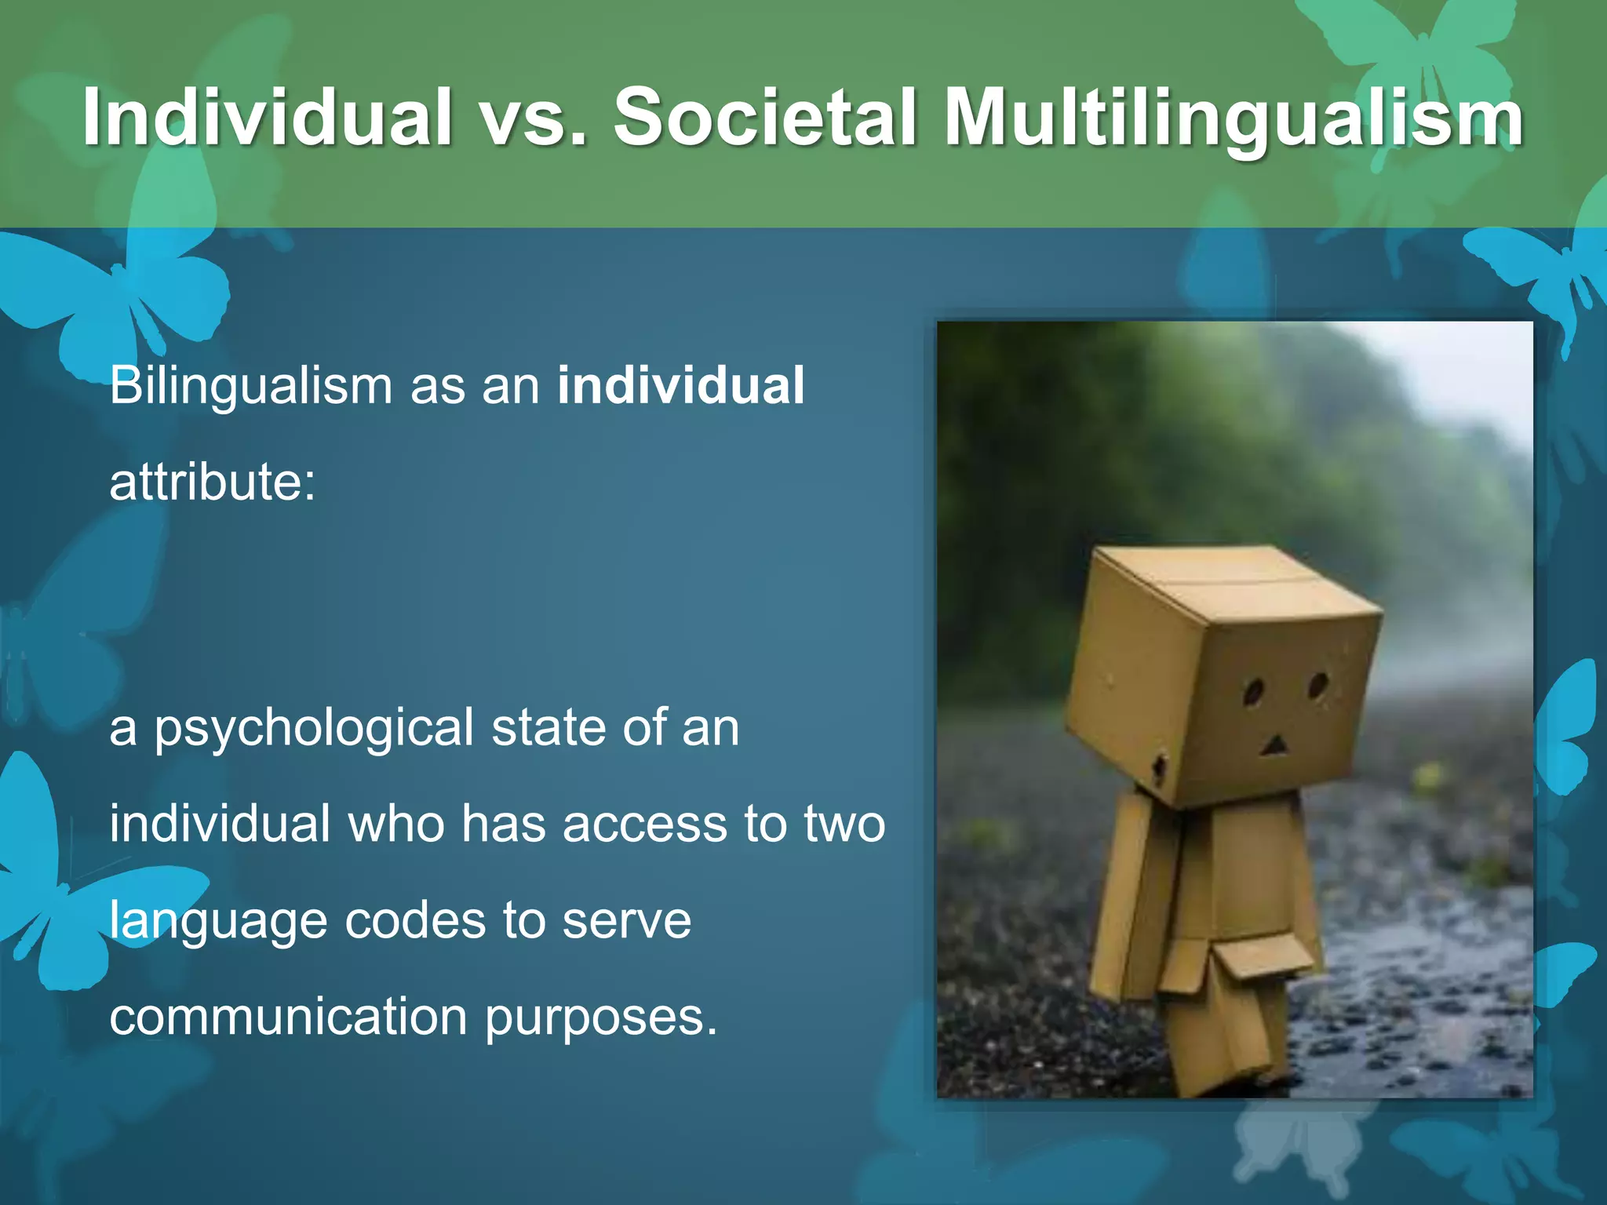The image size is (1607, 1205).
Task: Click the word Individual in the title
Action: pos(268,117)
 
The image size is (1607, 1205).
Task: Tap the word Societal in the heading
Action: pos(765,117)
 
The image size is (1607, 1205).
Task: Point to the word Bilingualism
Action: pos(250,387)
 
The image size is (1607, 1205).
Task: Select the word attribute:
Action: pos(212,482)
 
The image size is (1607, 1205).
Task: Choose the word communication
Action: pos(288,1017)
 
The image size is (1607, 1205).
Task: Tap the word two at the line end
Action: pos(844,825)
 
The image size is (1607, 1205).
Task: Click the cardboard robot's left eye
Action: pos(1253,692)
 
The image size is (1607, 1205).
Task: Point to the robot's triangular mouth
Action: pos(1274,745)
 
